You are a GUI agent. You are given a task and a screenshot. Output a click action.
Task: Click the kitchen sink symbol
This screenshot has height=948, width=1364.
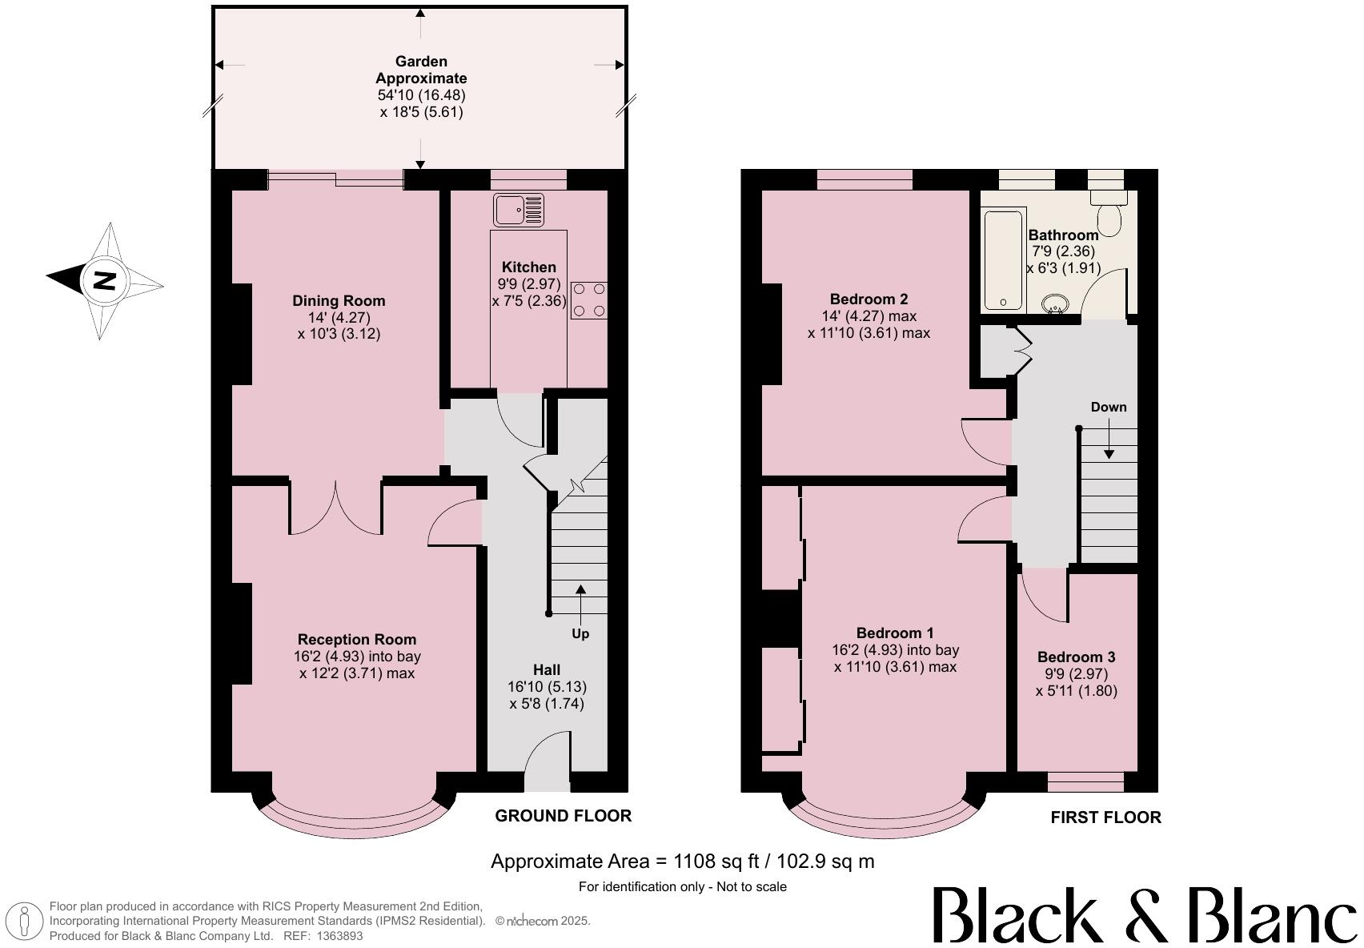tap(518, 210)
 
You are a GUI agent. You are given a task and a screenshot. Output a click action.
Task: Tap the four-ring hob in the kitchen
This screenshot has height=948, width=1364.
tap(588, 300)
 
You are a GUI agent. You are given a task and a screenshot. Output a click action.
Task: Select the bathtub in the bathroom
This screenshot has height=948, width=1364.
tap(1002, 259)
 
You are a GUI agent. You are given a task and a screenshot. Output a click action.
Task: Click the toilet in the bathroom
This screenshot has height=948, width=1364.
tap(1109, 215)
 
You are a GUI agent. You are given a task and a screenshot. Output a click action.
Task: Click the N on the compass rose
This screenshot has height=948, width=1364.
tap(104, 281)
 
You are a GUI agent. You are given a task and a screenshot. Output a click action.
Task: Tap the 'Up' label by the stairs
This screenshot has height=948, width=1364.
tap(580, 634)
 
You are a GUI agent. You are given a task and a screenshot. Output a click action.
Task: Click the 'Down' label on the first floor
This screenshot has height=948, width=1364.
tap(1108, 407)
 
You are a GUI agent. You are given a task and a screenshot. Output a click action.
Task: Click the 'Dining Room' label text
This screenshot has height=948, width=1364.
tap(339, 301)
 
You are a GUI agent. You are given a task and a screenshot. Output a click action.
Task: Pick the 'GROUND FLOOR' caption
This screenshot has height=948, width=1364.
tap(563, 815)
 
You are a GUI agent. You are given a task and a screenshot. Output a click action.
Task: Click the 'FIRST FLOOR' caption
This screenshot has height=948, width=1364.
tap(1105, 817)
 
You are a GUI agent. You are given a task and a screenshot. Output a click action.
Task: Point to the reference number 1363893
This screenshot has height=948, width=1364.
tap(341, 935)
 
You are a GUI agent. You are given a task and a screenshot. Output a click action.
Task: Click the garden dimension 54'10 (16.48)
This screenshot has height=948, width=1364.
tap(421, 95)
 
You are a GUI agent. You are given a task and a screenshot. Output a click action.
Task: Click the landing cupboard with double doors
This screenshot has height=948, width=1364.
tap(1001, 351)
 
